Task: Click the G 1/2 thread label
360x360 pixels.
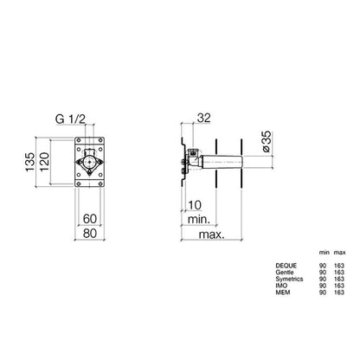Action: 70,119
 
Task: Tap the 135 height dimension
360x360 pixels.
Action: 30,162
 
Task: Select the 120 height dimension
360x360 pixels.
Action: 44,162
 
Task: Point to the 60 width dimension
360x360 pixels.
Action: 90,219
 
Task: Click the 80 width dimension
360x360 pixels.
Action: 90,233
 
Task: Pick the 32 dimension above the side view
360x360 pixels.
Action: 204,118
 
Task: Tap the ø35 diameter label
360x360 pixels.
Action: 267,141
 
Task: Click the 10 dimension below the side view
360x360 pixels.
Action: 195,205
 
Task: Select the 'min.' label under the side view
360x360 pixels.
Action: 199,220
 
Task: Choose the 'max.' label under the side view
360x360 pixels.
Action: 211,235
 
